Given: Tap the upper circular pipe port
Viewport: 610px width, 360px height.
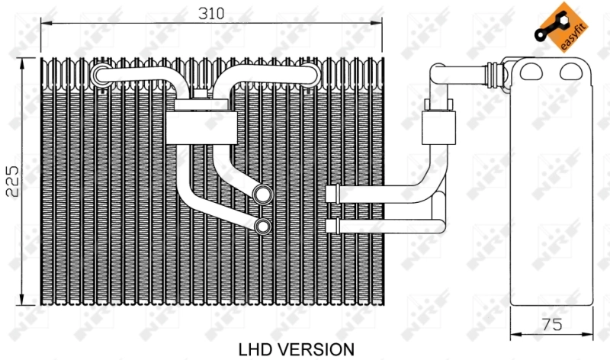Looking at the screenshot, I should pyautogui.click(x=262, y=194).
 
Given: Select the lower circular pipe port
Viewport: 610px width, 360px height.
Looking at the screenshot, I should pyautogui.click(x=262, y=226).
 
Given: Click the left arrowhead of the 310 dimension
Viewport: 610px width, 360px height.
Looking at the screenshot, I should pyautogui.click(x=44, y=24).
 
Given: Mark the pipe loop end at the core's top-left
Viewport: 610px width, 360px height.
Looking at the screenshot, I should pyautogui.click(x=100, y=73).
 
